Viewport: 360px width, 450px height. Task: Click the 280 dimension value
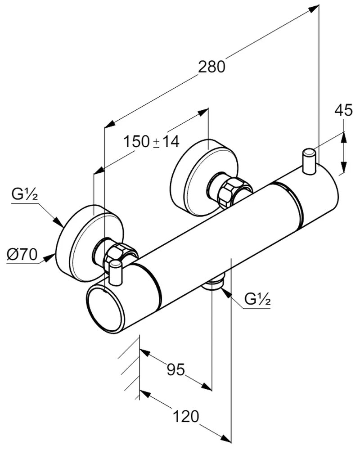[211, 67]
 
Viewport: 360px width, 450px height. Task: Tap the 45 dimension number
[344, 110]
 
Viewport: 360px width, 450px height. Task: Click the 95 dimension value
[176, 369]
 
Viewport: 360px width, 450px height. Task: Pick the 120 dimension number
[185, 416]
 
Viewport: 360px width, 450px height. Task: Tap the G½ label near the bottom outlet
[257, 298]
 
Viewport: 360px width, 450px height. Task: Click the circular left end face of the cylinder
[105, 310]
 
